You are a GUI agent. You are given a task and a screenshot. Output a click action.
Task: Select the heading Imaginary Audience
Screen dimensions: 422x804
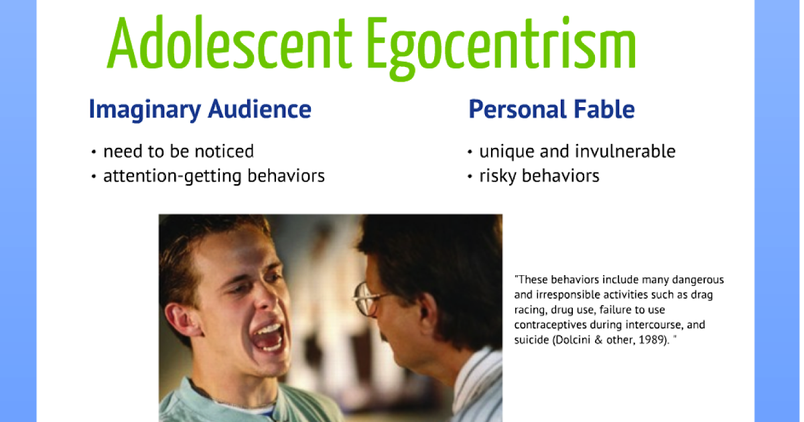[x=200, y=109]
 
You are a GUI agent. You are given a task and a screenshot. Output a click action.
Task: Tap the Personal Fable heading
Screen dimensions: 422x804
[x=551, y=109]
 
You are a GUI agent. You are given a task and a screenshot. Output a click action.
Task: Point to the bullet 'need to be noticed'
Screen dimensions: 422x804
[x=178, y=151]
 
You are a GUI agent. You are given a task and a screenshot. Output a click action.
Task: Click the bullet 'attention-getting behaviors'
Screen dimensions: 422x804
[x=214, y=176]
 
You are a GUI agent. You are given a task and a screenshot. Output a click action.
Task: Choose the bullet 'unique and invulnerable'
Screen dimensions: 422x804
[x=577, y=151]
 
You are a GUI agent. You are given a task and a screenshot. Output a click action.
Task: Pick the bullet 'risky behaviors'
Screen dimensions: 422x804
[x=539, y=176]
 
